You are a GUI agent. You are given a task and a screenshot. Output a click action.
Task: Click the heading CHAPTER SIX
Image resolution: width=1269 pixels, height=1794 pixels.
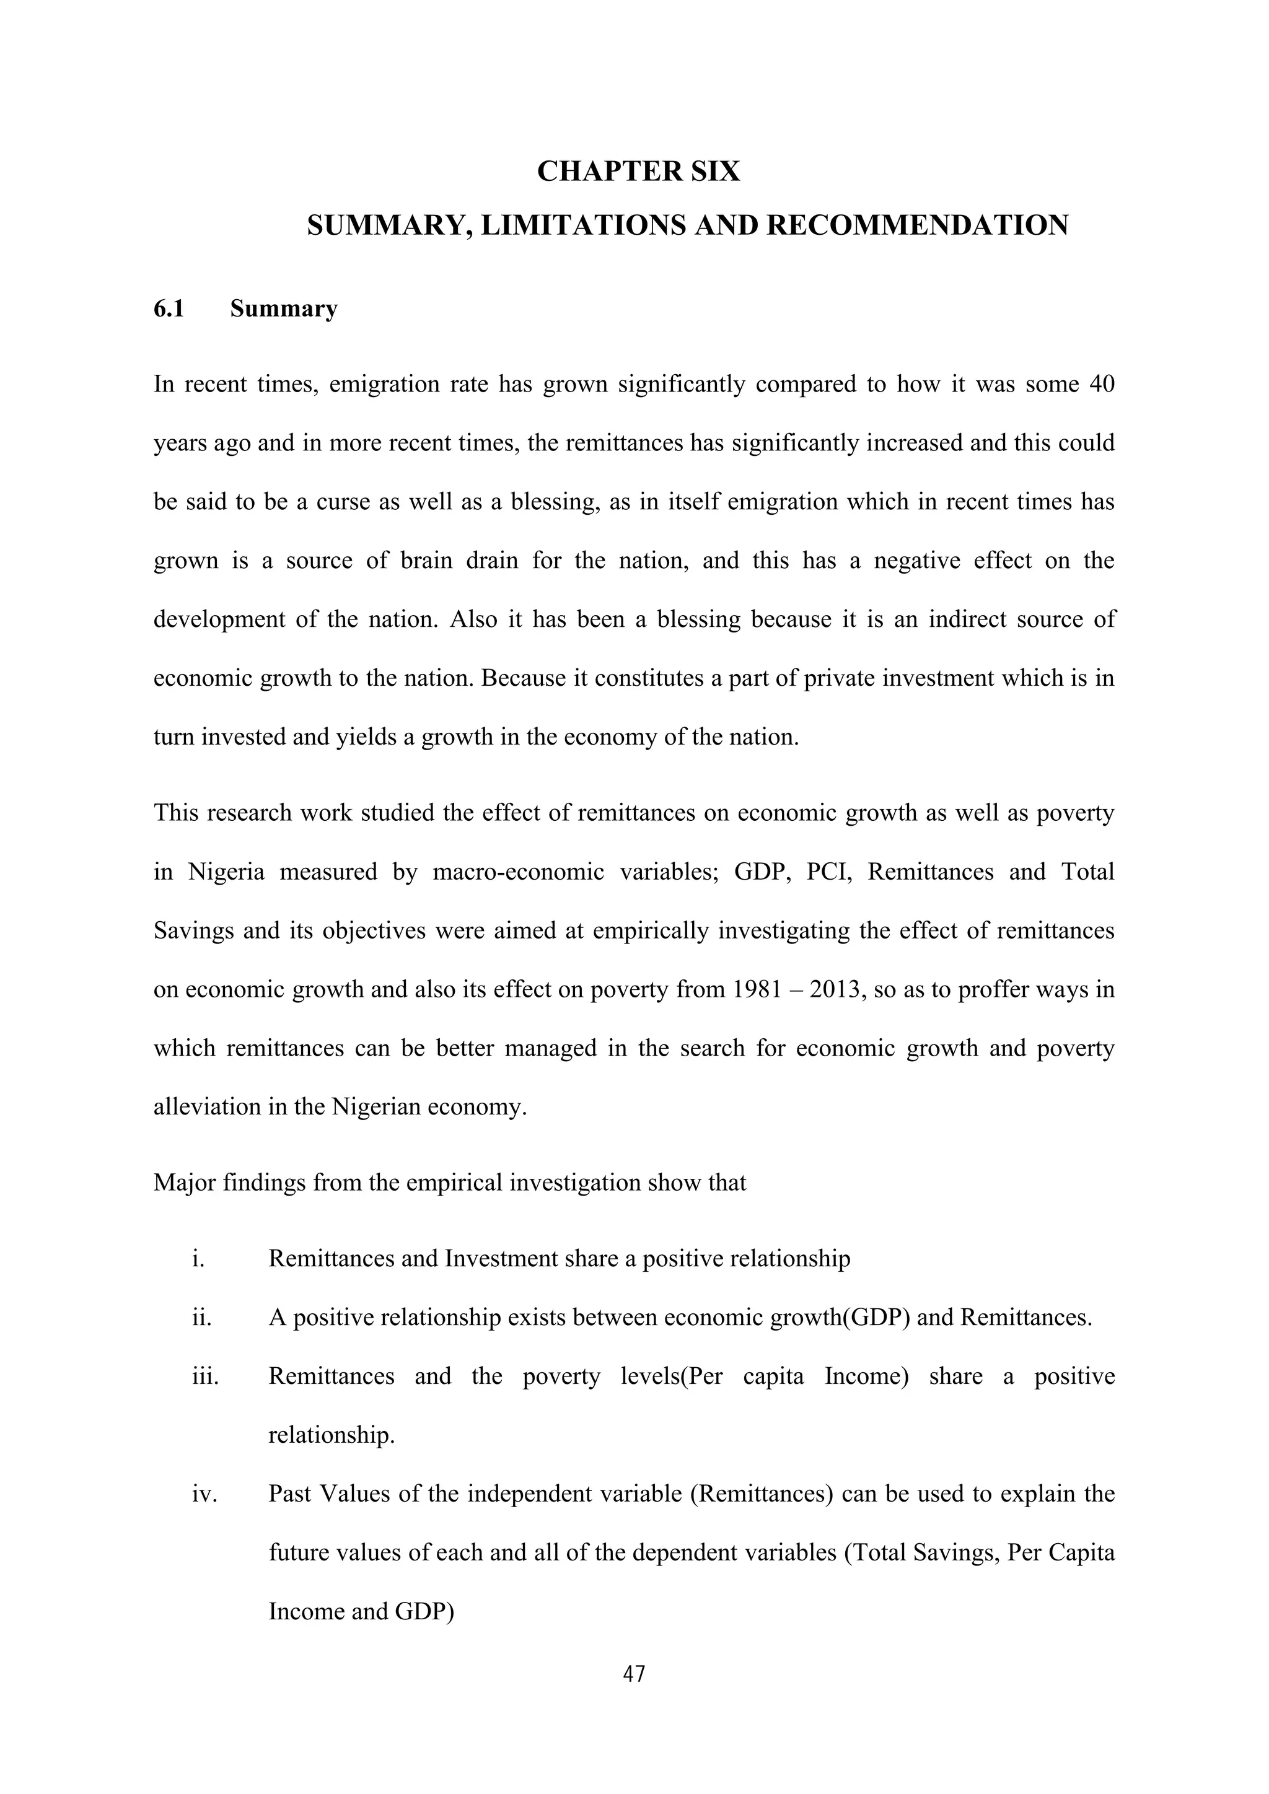pyautogui.click(x=638, y=171)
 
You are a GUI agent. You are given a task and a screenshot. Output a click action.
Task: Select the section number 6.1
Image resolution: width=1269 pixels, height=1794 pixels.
pyautogui.click(x=169, y=308)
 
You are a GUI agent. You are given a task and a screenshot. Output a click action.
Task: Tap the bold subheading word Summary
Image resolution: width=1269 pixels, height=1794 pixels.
pyautogui.click(x=284, y=308)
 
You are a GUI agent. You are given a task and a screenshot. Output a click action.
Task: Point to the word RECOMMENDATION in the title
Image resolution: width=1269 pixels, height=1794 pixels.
pyautogui.click(x=916, y=226)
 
